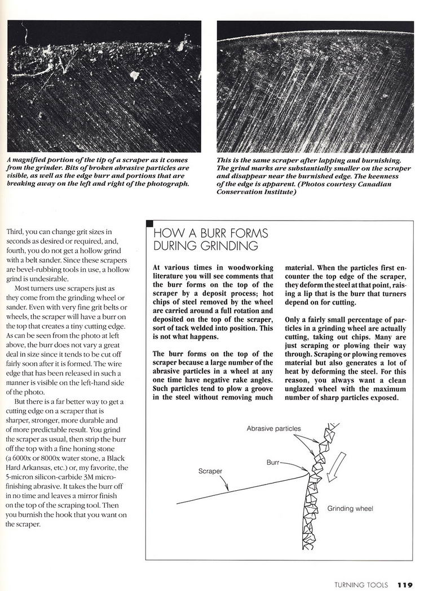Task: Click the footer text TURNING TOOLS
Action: (x=361, y=584)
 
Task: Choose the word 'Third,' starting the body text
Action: (x=18, y=231)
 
